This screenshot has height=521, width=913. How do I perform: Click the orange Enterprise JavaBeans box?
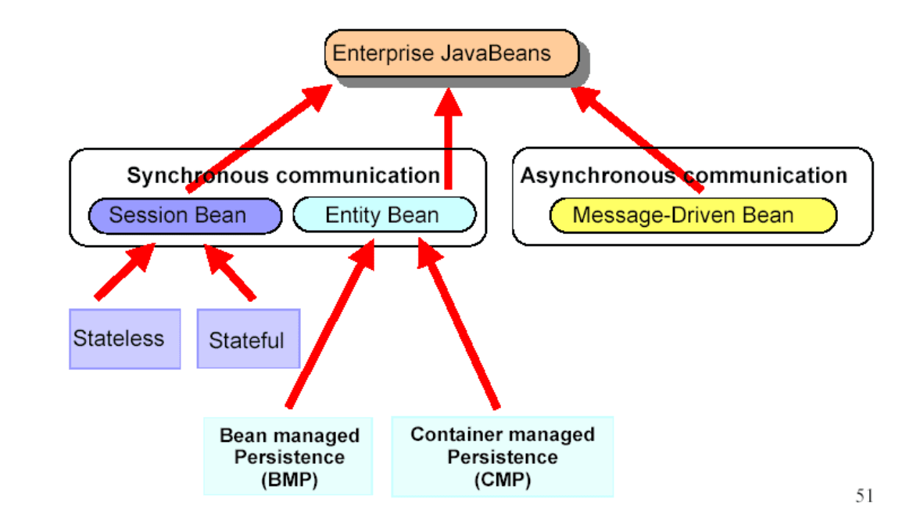(452, 53)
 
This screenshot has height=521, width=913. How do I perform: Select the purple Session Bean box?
(185, 216)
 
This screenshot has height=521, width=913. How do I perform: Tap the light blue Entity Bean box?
(385, 214)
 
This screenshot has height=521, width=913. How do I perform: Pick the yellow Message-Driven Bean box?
(693, 215)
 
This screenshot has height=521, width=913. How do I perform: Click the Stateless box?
(124, 340)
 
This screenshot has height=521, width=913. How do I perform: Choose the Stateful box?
(249, 340)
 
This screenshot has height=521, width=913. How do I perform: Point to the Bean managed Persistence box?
(288, 456)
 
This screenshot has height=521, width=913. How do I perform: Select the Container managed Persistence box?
(503, 457)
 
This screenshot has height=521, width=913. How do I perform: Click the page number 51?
(864, 495)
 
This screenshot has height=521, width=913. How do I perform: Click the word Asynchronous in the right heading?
(598, 175)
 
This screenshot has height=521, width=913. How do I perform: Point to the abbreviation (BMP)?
(289, 480)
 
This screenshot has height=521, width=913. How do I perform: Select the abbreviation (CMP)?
(503, 480)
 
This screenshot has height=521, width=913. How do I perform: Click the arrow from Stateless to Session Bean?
(125, 271)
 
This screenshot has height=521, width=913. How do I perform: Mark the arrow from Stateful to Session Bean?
(229, 272)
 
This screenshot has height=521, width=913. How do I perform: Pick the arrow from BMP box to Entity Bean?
(330, 324)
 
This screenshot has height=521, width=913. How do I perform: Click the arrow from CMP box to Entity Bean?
(458, 324)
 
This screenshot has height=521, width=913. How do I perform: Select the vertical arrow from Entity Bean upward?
(449, 138)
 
